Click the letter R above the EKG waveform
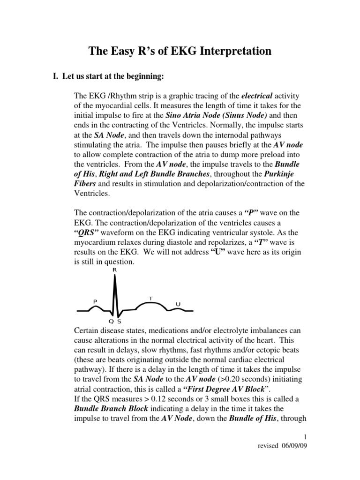pos(114,270)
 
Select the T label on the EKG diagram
pos(150,298)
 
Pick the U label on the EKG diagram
pos(178,304)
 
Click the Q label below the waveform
pos(111,322)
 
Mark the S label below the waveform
pos(119,322)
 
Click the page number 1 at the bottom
pos(305,436)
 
